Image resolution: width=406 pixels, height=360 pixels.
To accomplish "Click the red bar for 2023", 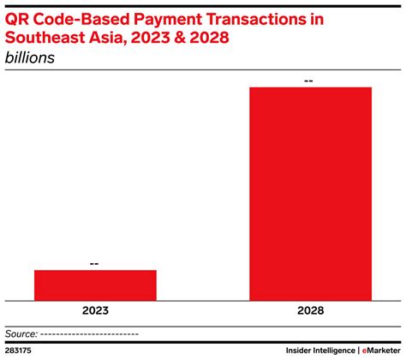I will [95, 285].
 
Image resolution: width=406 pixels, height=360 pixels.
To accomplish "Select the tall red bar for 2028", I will [310, 194].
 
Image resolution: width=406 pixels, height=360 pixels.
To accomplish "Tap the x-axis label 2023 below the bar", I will [95, 314].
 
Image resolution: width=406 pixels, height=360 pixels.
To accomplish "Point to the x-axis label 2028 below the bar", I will [310, 314].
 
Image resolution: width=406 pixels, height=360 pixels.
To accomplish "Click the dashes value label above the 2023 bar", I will [95, 262].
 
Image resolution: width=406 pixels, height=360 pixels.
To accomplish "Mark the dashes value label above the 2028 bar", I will [310, 80].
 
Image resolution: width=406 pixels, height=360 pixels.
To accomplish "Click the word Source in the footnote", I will [21, 333].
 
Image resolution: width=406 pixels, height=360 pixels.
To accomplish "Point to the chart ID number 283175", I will [17, 351].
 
